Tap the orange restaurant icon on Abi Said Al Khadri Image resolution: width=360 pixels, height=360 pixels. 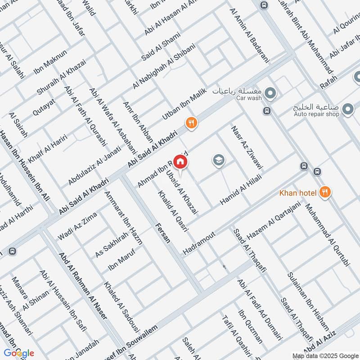pos(191,122)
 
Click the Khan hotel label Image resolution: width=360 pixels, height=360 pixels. pos(297,193)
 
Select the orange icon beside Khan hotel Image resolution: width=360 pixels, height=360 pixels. pos(325,193)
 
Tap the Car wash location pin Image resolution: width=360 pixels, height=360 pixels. pos(270,94)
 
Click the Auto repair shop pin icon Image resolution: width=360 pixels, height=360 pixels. pos(347,108)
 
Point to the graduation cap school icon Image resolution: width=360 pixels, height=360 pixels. pos(219,160)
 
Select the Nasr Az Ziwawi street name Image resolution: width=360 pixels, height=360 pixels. pos(247,148)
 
